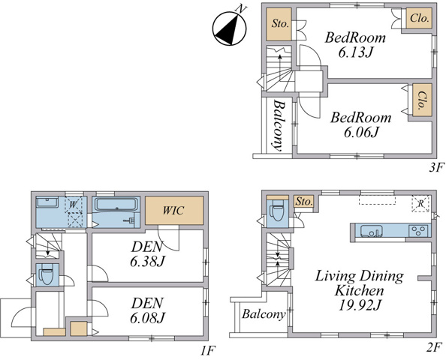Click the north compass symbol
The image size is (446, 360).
click(x=230, y=27)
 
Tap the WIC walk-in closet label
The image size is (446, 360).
click(x=173, y=211)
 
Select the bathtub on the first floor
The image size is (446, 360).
click(x=116, y=204)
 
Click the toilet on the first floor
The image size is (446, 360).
click(x=46, y=275)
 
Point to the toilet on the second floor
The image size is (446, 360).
click(x=277, y=211)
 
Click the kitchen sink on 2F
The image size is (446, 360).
click(x=372, y=230)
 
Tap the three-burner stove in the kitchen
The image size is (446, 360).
click(x=418, y=230)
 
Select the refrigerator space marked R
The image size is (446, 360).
click(x=420, y=203)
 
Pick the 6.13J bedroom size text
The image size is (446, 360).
click(x=356, y=52)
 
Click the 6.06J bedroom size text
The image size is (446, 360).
click(x=361, y=132)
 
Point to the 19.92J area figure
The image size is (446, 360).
click(x=360, y=305)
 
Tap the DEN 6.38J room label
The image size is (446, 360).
click(x=147, y=254)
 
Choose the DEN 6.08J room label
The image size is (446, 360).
click(x=147, y=310)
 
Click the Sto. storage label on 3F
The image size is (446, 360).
click(x=280, y=23)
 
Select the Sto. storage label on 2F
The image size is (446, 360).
click(x=304, y=202)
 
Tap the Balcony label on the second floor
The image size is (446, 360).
click(x=264, y=314)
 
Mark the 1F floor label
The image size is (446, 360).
click(x=208, y=352)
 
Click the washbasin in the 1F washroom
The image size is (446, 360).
click(x=47, y=202)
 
